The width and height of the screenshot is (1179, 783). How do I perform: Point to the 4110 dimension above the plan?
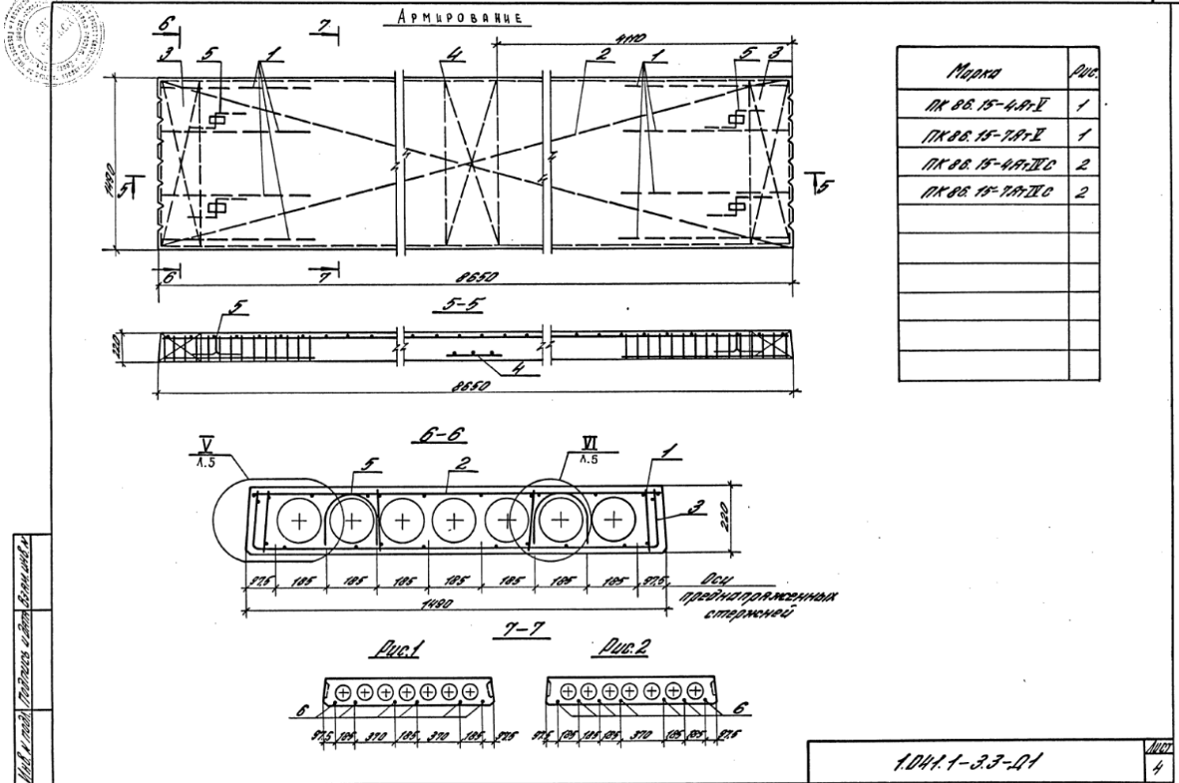[628, 41]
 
